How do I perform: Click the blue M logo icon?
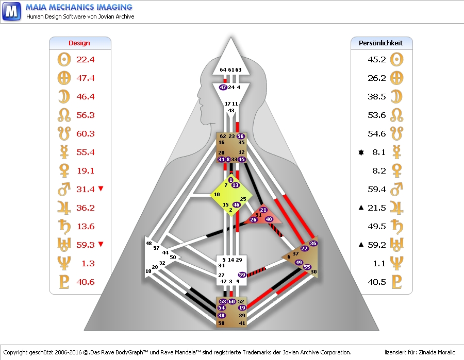tap(11, 11)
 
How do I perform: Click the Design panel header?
tap(79, 43)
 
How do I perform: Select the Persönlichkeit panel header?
tap(380, 43)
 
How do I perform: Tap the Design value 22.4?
tap(86, 60)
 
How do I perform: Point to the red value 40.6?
tap(86, 282)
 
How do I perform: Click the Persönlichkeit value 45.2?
tap(377, 60)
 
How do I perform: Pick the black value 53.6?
tap(377, 115)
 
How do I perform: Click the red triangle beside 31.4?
tap(101, 189)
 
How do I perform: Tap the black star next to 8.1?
tap(361, 152)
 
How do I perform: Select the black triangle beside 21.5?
tap(361, 208)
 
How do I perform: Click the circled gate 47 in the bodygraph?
tap(223, 88)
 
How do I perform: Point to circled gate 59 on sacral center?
tap(242, 275)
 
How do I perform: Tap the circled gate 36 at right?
tap(313, 243)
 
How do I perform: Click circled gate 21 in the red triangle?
tap(263, 210)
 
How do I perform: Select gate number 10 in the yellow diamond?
tap(217, 195)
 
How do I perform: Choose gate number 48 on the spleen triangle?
tap(149, 243)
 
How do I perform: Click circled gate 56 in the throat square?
tap(240, 136)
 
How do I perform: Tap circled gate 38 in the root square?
tap(222, 315)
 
